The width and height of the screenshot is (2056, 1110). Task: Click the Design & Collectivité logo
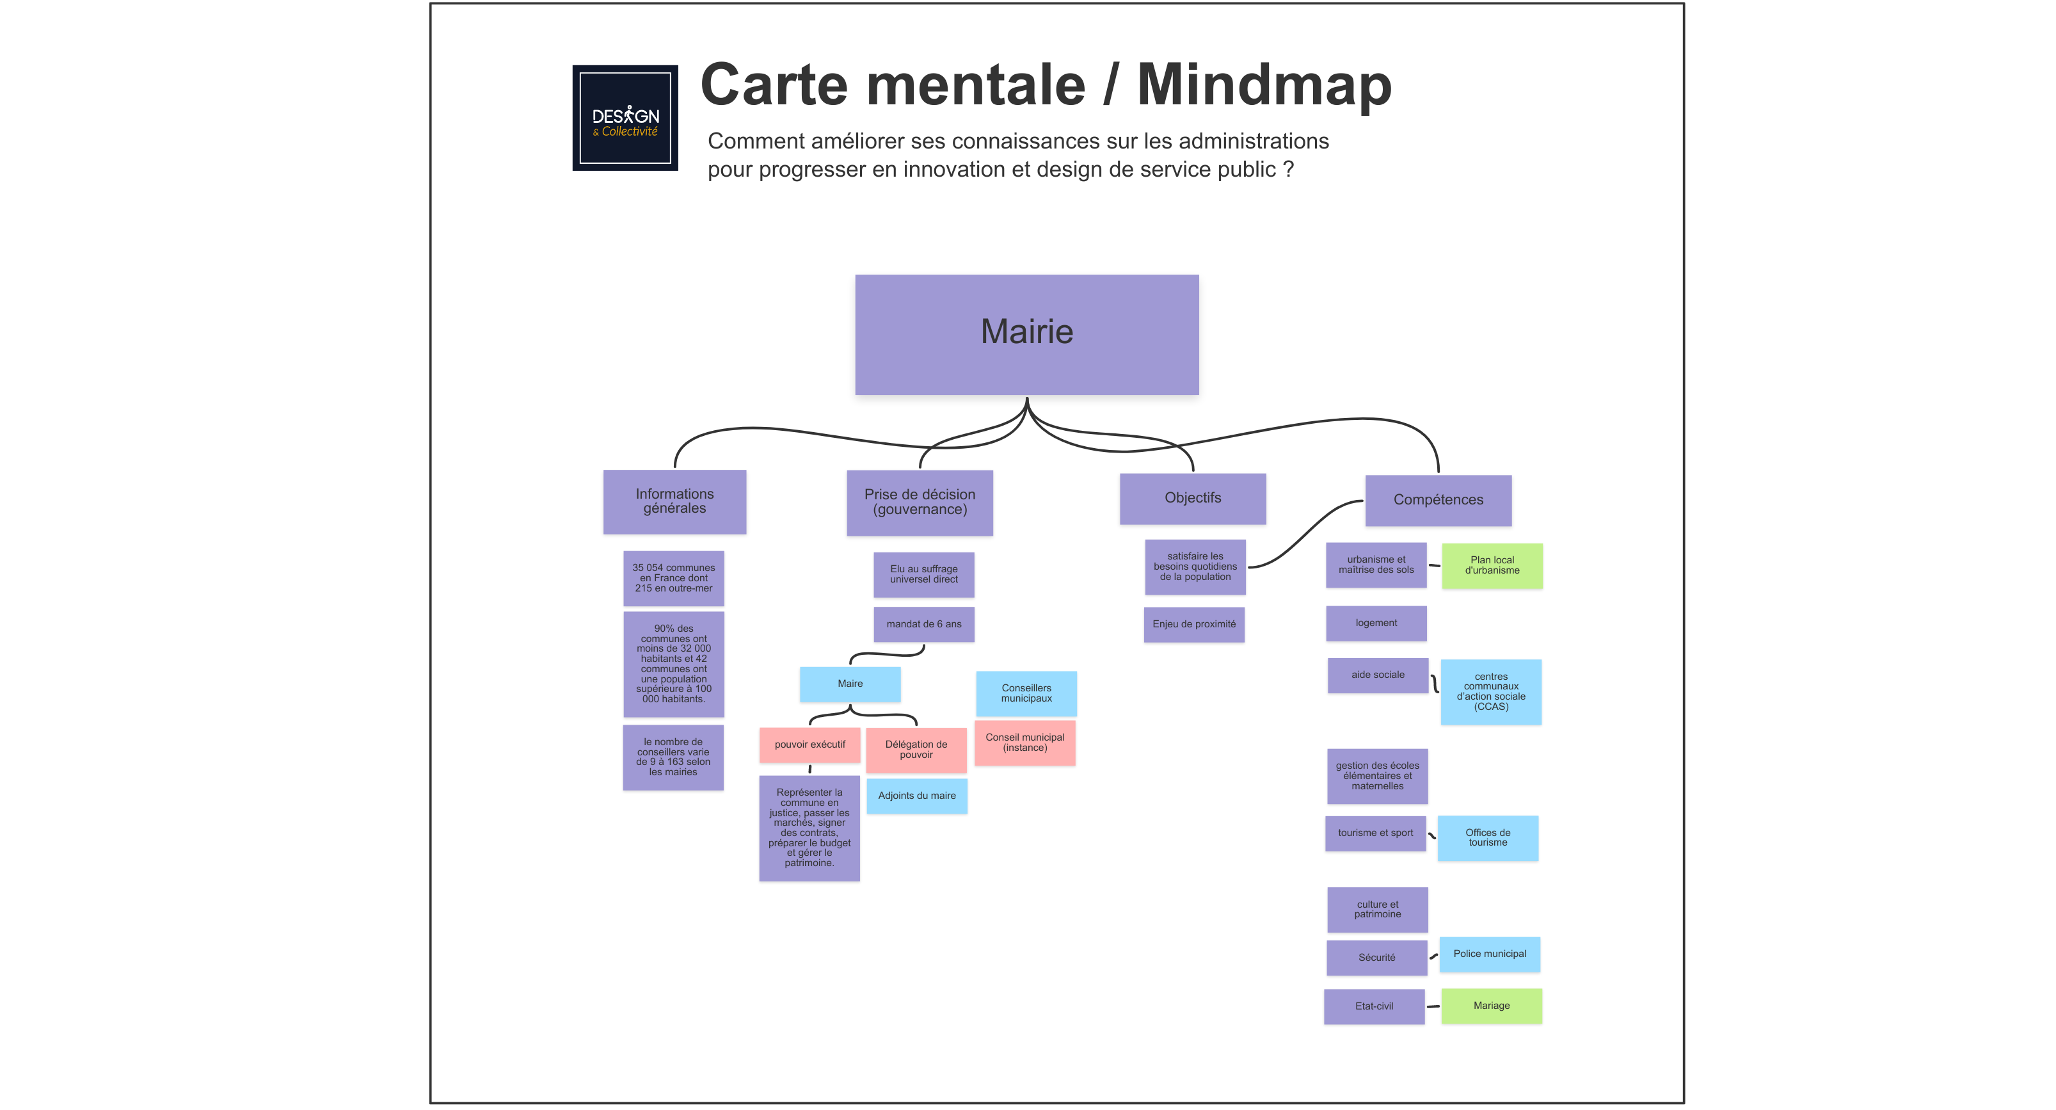[625, 118]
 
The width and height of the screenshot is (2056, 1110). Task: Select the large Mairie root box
[1026, 335]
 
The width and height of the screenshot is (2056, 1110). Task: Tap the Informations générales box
[674, 501]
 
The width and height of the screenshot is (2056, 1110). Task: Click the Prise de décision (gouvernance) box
[920, 503]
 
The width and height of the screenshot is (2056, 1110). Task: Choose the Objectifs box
[1192, 498]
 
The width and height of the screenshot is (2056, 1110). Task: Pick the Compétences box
[1437, 500]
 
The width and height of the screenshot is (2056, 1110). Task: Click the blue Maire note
[850, 684]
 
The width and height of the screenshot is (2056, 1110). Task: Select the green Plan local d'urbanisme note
[1492, 565]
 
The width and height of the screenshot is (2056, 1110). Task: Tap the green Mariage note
[1491, 1006]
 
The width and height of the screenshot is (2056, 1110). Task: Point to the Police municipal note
[1489, 954]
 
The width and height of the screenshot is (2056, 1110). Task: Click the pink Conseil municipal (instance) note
[1025, 743]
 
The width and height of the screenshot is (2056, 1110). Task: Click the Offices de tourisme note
[1488, 838]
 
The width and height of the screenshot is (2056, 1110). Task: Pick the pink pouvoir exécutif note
[809, 745]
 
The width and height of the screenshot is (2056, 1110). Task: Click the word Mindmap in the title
[1264, 84]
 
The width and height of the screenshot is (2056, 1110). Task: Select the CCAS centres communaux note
[1490, 691]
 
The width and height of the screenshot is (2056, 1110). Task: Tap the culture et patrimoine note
[1377, 910]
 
